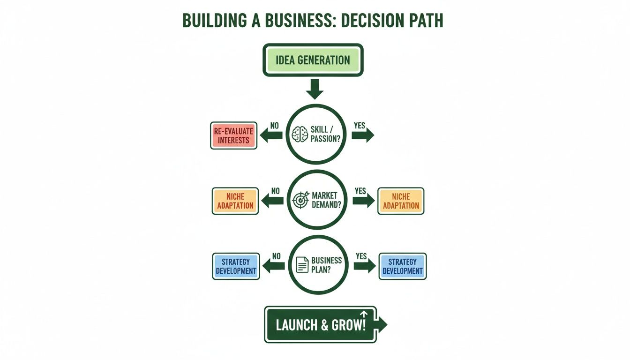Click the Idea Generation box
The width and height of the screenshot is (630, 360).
pos(313,60)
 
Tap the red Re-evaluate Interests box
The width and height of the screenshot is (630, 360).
pos(233,135)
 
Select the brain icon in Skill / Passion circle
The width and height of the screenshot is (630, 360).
pos(300,135)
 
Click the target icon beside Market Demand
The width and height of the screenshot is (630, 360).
pos(300,200)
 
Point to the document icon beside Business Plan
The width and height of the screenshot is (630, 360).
pos(303,265)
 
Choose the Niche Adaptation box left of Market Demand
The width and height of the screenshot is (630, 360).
pos(235,201)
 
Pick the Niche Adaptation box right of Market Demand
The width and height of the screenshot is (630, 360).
pos(400,201)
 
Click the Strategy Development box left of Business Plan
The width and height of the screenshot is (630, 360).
pos(236,266)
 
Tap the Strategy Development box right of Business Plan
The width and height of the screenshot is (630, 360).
pos(403,266)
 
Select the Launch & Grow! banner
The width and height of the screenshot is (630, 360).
pos(321,324)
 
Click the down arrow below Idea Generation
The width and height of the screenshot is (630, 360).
pos(315,89)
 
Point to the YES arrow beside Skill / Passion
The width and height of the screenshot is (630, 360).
pos(363,135)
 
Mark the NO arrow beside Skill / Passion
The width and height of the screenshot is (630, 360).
pos(271,135)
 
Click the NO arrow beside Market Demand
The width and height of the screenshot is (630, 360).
pos(272,201)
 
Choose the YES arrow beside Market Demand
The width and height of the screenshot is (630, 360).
pos(363,201)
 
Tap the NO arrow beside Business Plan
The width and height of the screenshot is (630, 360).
pos(273,266)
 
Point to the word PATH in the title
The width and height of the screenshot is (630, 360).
pos(420,21)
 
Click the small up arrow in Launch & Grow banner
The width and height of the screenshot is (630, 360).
pos(364,315)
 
